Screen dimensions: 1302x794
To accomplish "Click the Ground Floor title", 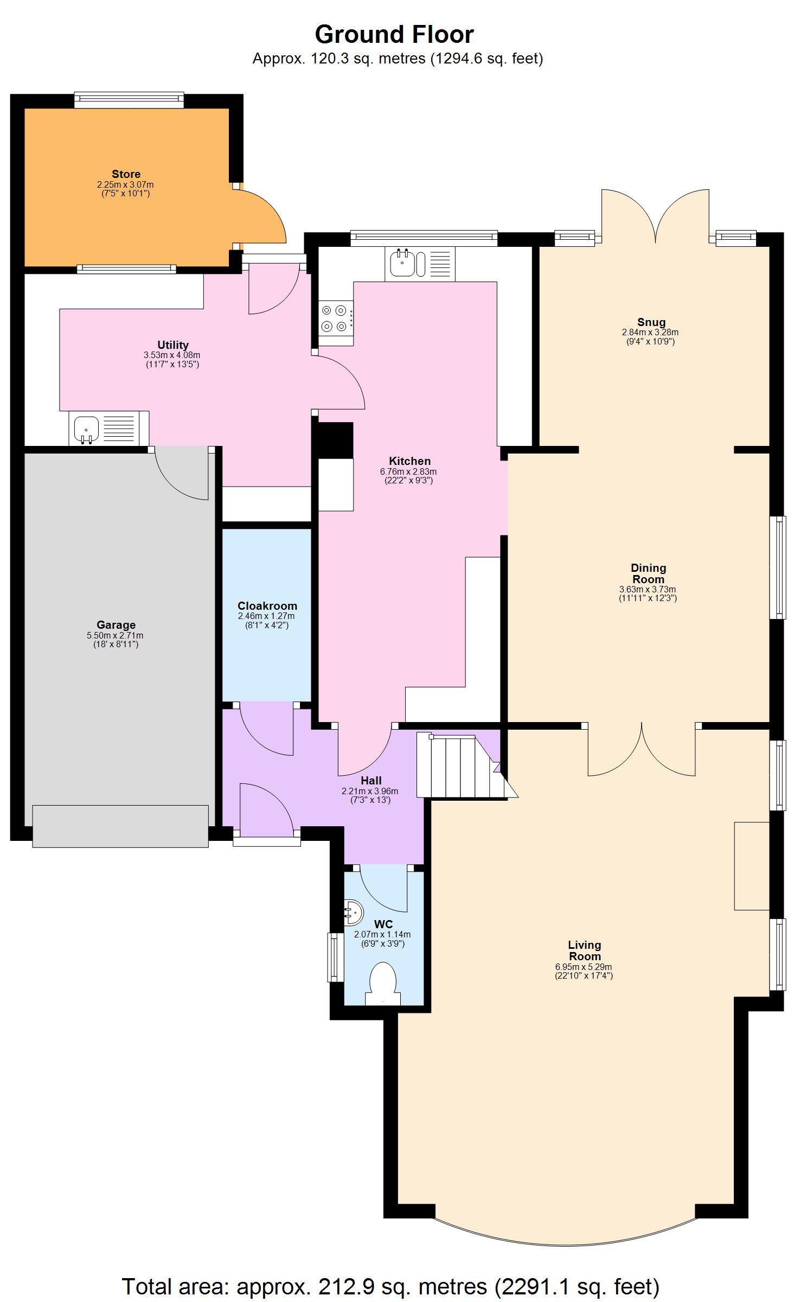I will pos(394,35).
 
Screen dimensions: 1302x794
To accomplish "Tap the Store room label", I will pos(126,174).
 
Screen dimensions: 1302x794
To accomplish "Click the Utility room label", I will pos(172,345).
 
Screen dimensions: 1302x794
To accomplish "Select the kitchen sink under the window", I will pos(403,264).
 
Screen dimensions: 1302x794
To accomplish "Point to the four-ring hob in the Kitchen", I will pos(334,318).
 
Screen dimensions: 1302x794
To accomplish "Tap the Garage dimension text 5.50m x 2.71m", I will pos(116,635).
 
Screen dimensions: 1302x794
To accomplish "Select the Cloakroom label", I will pos(267,606).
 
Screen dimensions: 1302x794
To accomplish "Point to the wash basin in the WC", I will pos(352,912).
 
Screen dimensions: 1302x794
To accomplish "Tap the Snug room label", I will pos(651,322).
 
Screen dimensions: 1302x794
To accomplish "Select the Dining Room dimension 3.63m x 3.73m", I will pos(648,589).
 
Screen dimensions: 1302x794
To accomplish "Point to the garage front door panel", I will pos(120,826).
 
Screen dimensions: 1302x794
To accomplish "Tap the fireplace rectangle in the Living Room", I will pos(751,866).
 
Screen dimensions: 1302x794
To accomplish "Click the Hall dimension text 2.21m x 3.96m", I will pos(370,791).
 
